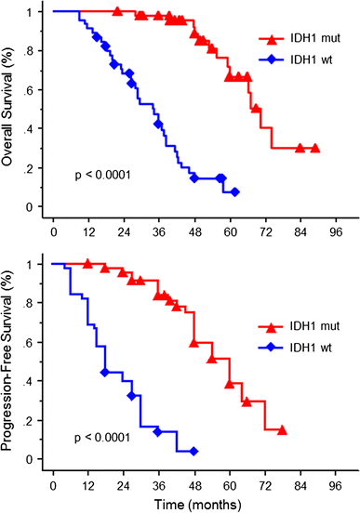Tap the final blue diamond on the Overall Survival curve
click(x=234, y=191)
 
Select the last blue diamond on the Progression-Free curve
click(x=193, y=451)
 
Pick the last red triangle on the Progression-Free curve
click(x=281, y=430)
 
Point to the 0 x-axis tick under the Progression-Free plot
click(x=54, y=481)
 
